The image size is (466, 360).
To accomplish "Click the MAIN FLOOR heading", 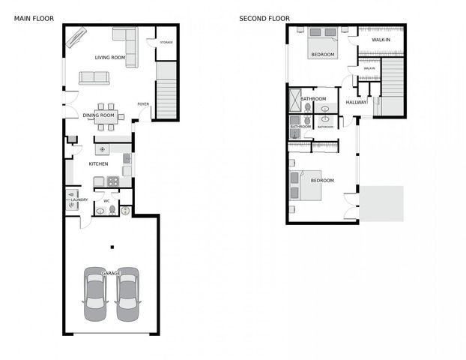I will pos(33,18).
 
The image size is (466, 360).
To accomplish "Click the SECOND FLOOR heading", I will pos(264,18).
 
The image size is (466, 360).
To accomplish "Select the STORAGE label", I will pos(166,42).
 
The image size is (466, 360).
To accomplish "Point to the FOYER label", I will pos(142,104).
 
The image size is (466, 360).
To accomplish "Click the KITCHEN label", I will pos(99,163).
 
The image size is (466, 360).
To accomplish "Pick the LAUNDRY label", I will pos(79,199).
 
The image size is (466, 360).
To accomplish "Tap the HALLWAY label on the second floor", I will pos(357,103).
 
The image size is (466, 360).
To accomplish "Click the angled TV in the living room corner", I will pos(76,37).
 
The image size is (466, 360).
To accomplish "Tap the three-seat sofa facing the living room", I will pos(95,77).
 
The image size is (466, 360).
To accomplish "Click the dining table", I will pos(106,115).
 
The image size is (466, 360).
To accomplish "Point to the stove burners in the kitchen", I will pos(113,180).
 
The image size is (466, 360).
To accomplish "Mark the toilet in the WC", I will pos(112,211).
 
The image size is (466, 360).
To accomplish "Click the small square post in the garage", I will pos(112,247).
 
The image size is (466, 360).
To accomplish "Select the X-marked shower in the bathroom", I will pos(294,100).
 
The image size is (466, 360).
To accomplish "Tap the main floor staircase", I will pos(168,91).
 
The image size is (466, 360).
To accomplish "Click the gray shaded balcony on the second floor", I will pos(381,203).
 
